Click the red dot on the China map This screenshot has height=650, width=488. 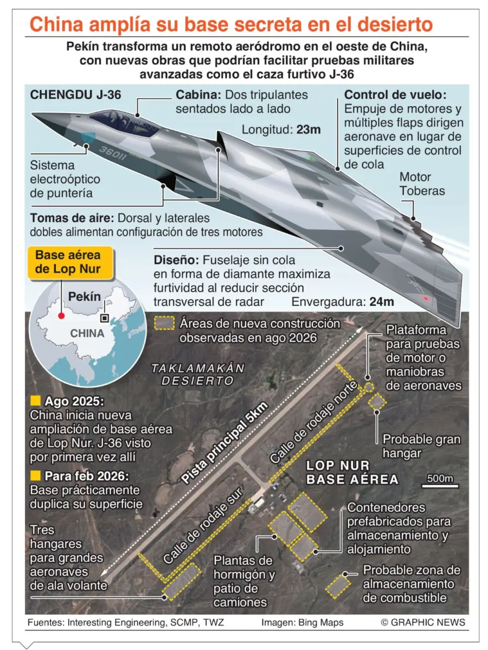(x=61, y=316)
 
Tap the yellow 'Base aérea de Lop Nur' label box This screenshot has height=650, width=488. (x=68, y=262)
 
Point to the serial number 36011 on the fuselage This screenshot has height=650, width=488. (x=113, y=152)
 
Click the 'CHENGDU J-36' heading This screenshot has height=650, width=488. (x=75, y=95)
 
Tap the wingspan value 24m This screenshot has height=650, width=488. (x=381, y=302)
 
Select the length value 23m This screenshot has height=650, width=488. (x=309, y=130)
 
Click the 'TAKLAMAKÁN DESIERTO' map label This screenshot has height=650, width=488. (x=198, y=374)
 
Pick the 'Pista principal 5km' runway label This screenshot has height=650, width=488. (x=224, y=443)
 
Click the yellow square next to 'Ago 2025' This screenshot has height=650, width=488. (x=36, y=401)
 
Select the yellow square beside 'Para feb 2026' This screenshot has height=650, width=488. (x=36, y=475)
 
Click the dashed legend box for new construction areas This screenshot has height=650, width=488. (x=164, y=324)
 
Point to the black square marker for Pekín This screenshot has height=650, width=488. (x=105, y=318)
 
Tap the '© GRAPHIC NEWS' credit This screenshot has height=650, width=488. (x=423, y=623)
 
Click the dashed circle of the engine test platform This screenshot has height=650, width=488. (x=369, y=388)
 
